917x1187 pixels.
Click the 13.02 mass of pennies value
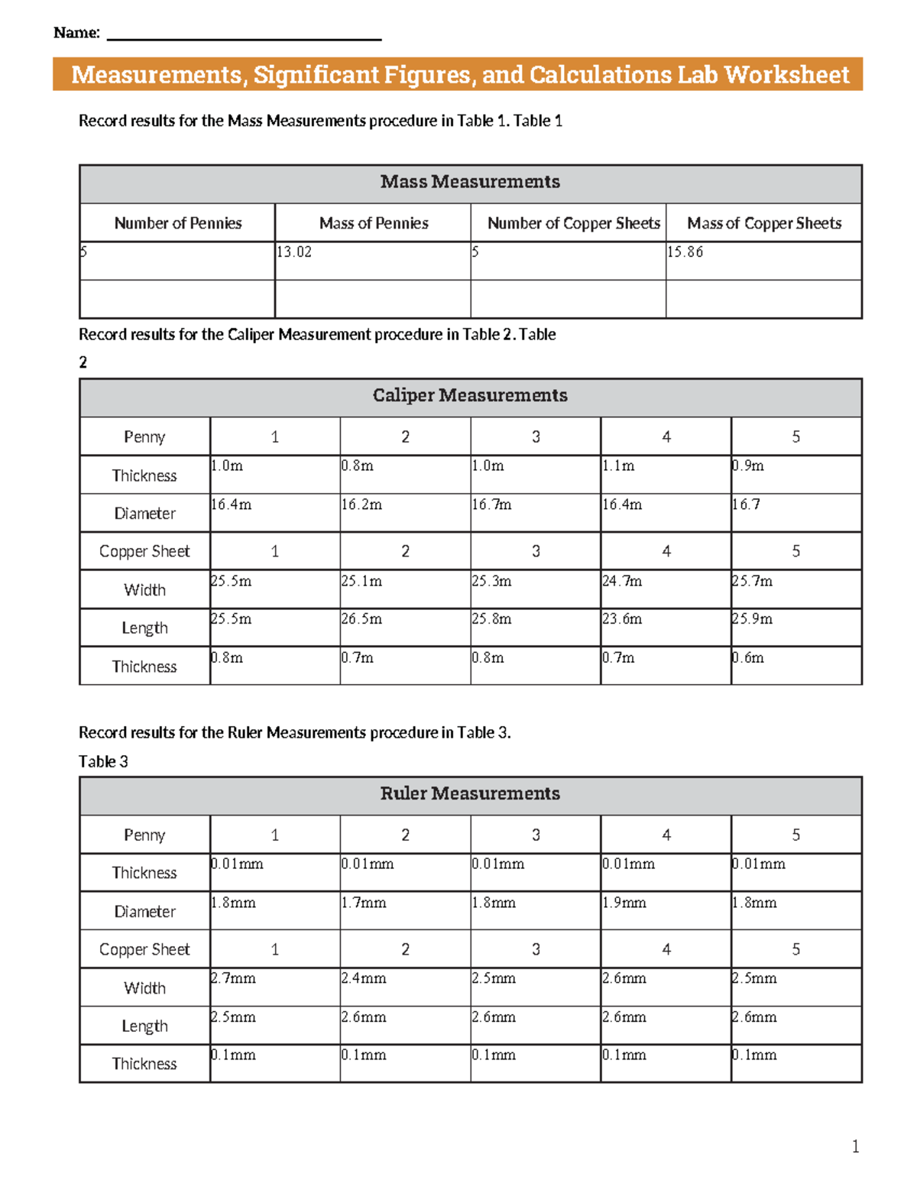[x=294, y=252]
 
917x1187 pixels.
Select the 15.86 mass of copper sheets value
[x=685, y=252]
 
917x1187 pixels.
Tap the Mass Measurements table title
[x=470, y=182]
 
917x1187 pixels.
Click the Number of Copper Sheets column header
[x=573, y=223]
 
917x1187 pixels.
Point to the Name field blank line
[x=244, y=37]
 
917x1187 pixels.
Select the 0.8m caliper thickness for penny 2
[x=358, y=466]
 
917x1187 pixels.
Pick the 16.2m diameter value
[x=361, y=504]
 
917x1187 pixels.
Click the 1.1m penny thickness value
[x=618, y=466]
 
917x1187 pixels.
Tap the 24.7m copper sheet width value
[x=622, y=581]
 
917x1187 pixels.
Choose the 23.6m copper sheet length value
[x=622, y=619]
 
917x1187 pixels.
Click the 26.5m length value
[x=361, y=619]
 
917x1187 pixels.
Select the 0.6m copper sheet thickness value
[x=748, y=657]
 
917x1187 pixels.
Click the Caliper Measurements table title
[x=470, y=395]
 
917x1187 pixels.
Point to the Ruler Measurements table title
[x=470, y=793]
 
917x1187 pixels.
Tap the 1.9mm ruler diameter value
[x=624, y=903]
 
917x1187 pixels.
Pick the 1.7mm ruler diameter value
[x=364, y=903]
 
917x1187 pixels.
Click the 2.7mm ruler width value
[x=233, y=978]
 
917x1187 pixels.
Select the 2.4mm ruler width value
[x=364, y=978]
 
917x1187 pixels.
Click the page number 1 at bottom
[x=855, y=1146]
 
